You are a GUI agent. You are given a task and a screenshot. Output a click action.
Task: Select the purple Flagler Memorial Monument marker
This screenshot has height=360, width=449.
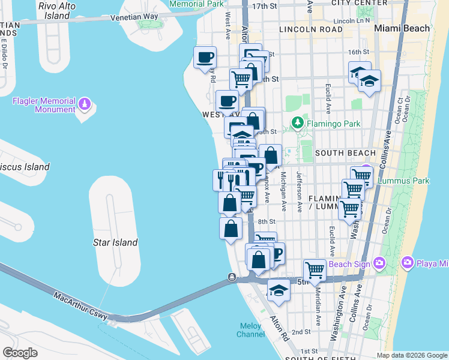(85, 104)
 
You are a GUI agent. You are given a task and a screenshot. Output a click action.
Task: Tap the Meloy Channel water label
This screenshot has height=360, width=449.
(251, 330)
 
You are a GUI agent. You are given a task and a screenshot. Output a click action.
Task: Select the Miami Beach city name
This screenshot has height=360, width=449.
(401, 28)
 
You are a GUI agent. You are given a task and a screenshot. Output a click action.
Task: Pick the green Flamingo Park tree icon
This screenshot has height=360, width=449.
(296, 124)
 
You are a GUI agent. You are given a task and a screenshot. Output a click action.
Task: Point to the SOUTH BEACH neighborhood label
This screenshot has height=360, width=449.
(337, 153)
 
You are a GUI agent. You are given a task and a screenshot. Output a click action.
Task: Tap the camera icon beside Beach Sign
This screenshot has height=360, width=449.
(379, 263)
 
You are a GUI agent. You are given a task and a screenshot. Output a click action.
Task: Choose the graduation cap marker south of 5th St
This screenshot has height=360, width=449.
(278, 290)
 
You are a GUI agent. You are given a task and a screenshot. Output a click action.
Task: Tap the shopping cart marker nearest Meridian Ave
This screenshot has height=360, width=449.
(315, 270)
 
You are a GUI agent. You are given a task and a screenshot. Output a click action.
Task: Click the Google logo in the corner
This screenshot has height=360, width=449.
(20, 352)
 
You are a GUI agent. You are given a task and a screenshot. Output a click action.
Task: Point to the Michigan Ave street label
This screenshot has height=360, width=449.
(283, 191)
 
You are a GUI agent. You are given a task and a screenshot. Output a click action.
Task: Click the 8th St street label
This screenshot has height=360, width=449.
(266, 222)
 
